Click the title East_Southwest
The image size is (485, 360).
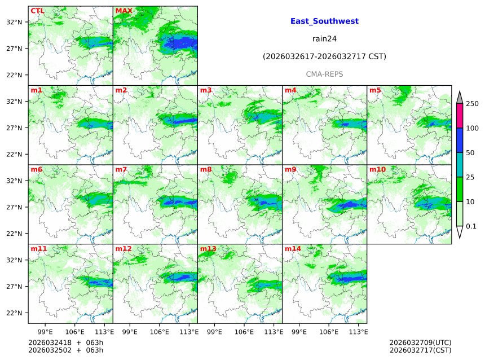click(324, 21)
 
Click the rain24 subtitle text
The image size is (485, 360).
click(324, 39)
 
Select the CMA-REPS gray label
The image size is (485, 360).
click(324, 74)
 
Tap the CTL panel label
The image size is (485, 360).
click(37, 11)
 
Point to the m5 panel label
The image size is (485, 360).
click(375, 90)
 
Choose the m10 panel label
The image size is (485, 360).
click(377, 169)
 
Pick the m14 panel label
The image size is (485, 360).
click(293, 249)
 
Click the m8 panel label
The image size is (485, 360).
click(206, 169)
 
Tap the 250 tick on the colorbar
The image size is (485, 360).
click(472, 104)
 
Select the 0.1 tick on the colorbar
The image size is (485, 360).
click(471, 226)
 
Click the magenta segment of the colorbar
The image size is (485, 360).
click(460, 116)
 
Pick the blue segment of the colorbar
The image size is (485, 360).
click(460, 141)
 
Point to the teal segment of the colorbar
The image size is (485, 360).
click(460, 165)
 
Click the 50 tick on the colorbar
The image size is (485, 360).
click(470, 153)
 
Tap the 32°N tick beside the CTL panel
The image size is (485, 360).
click(14, 22)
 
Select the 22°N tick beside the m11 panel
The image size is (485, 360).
click(14, 313)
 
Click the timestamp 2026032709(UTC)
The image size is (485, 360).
click(420, 343)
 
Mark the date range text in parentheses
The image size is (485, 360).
click(324, 56)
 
